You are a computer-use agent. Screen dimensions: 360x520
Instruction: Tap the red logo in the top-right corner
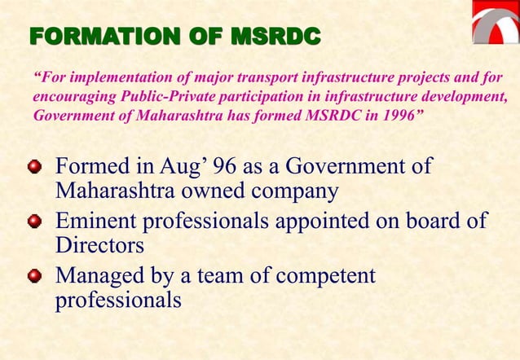point(496,23)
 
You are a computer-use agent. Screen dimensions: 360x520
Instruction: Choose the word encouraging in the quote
point(71,96)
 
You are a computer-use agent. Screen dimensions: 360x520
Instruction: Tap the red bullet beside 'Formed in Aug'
point(34,169)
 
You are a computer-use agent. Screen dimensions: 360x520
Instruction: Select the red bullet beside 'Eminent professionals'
point(34,222)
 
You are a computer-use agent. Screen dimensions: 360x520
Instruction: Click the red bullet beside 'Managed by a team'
point(34,276)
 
